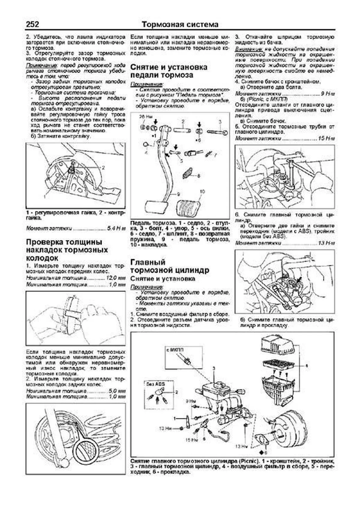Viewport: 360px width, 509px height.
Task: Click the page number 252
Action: [x=33, y=24]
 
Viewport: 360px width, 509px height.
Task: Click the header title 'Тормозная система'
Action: [x=180, y=24]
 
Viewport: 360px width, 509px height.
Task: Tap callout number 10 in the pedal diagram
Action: [x=202, y=191]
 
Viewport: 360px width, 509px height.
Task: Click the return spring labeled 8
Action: [x=187, y=174]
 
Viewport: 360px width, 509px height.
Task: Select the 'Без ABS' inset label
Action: [x=155, y=384]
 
